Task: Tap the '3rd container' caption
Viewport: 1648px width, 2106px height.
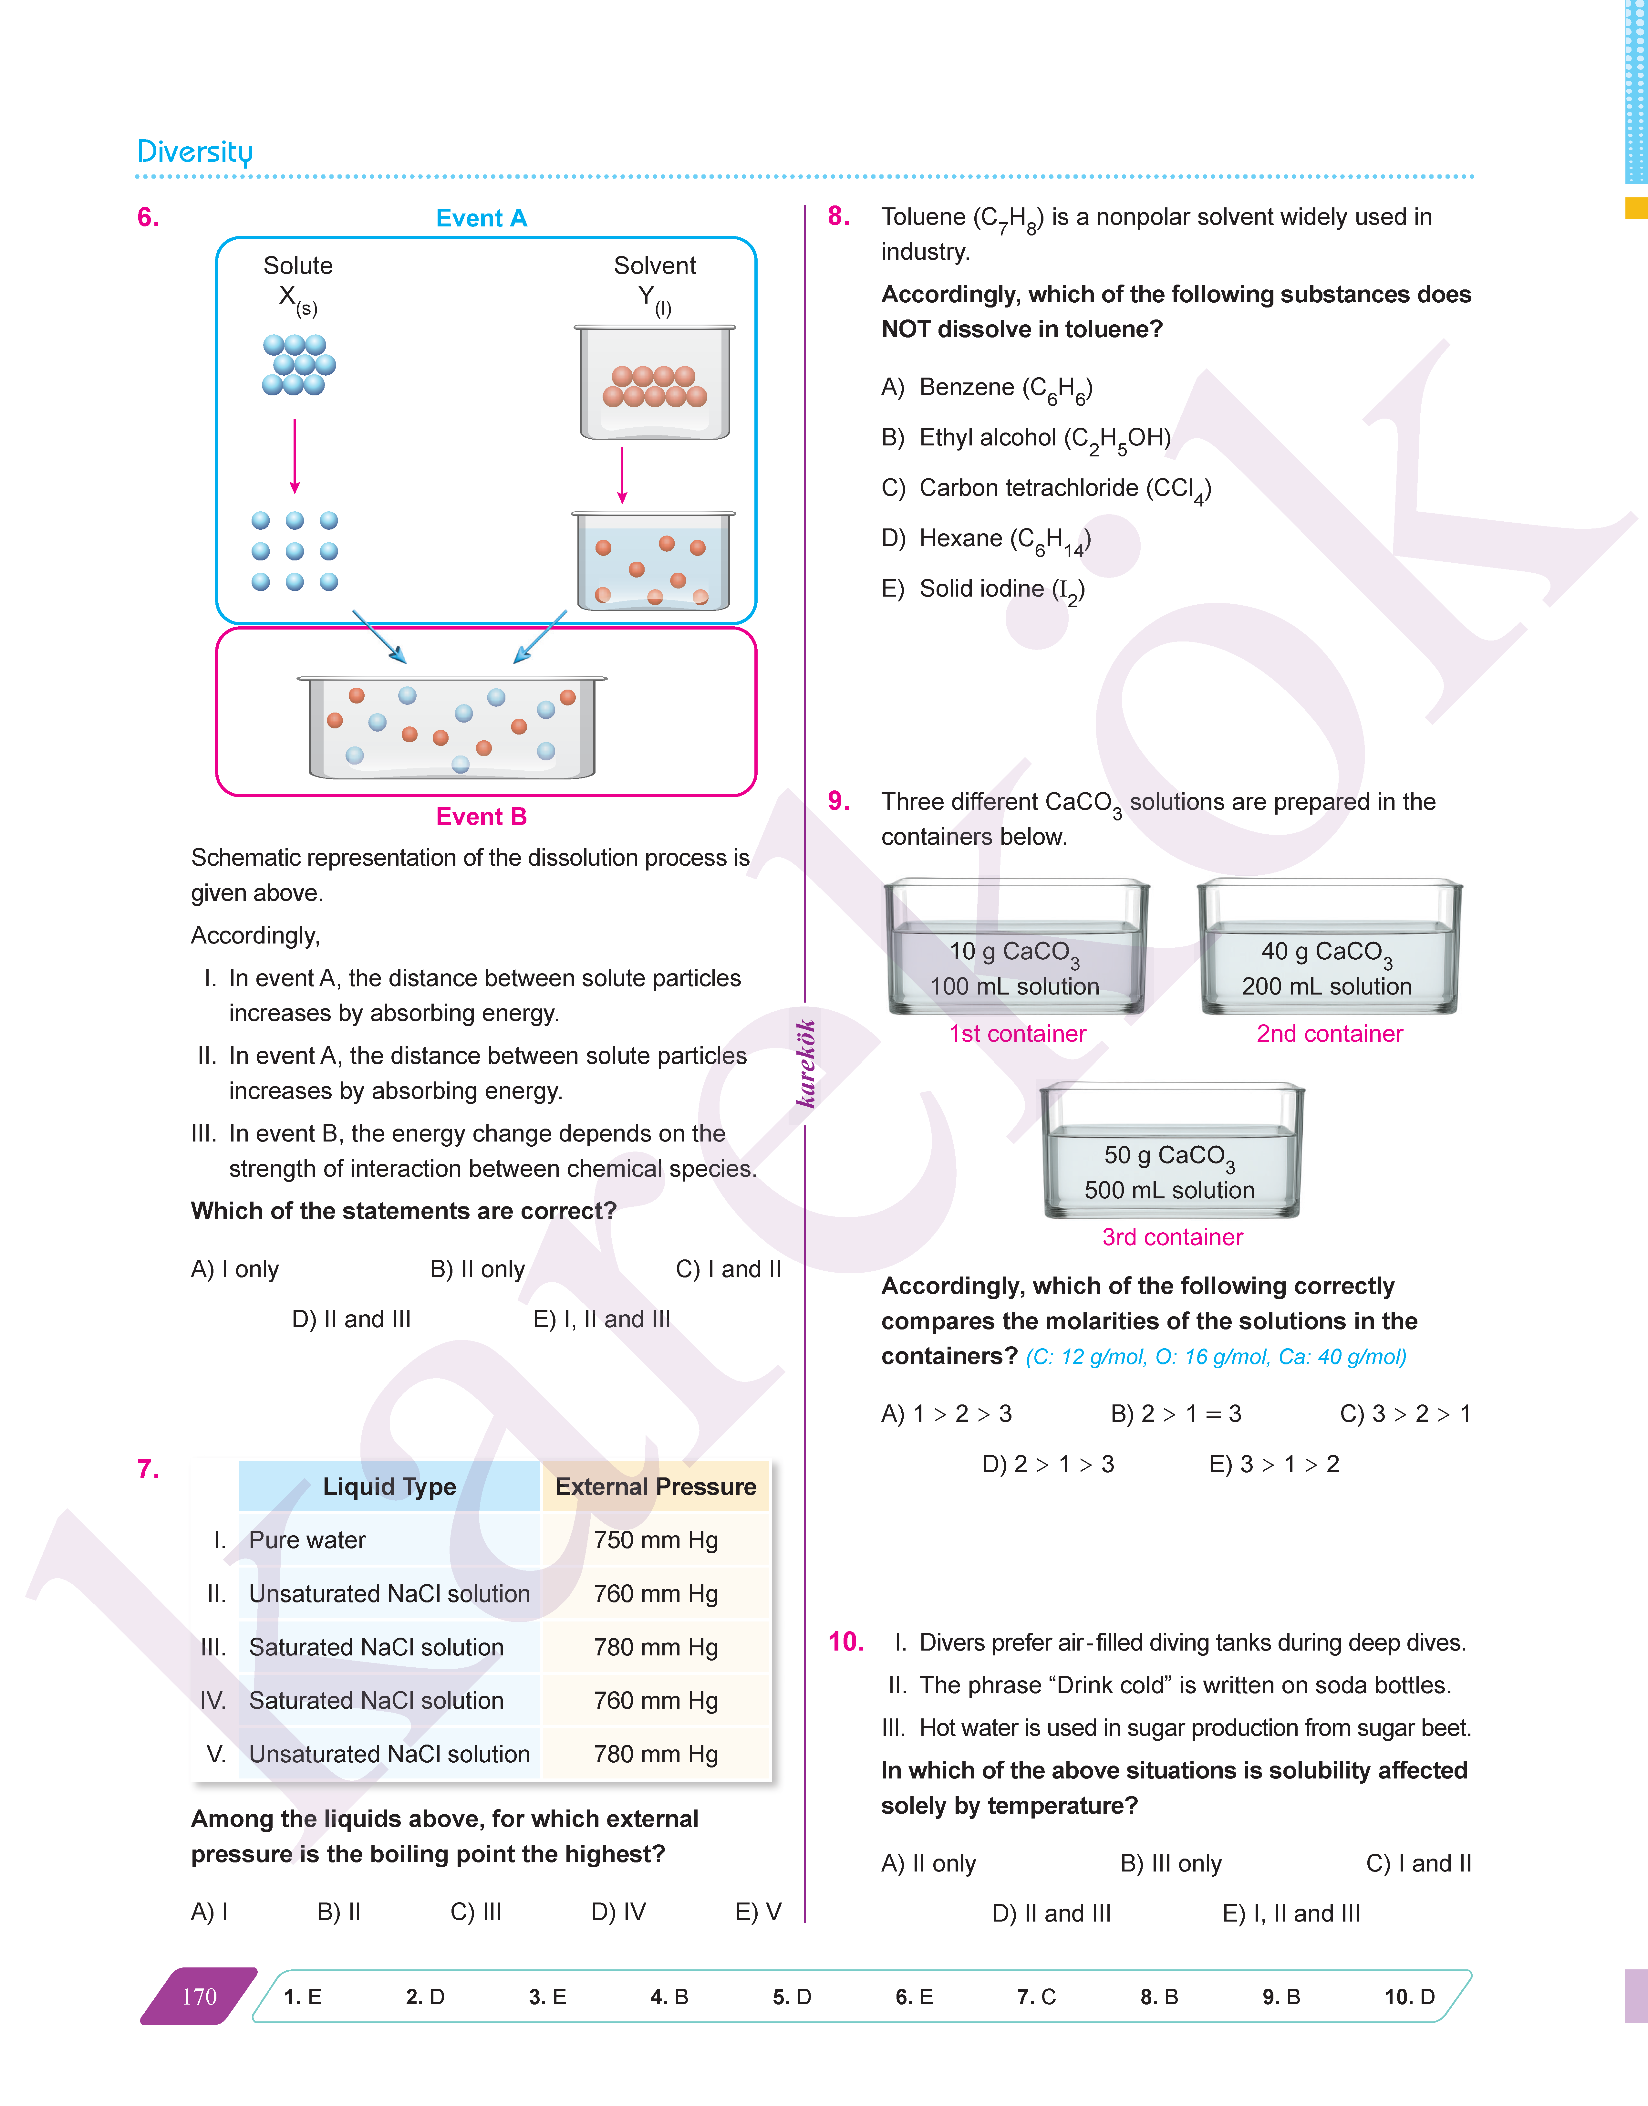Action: tap(1172, 1237)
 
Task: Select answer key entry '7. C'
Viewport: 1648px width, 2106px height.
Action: tap(1036, 1997)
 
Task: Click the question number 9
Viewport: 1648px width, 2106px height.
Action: tap(838, 801)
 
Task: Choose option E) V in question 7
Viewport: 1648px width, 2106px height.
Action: tap(757, 1912)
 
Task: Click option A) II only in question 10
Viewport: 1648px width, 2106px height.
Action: tap(928, 1864)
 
